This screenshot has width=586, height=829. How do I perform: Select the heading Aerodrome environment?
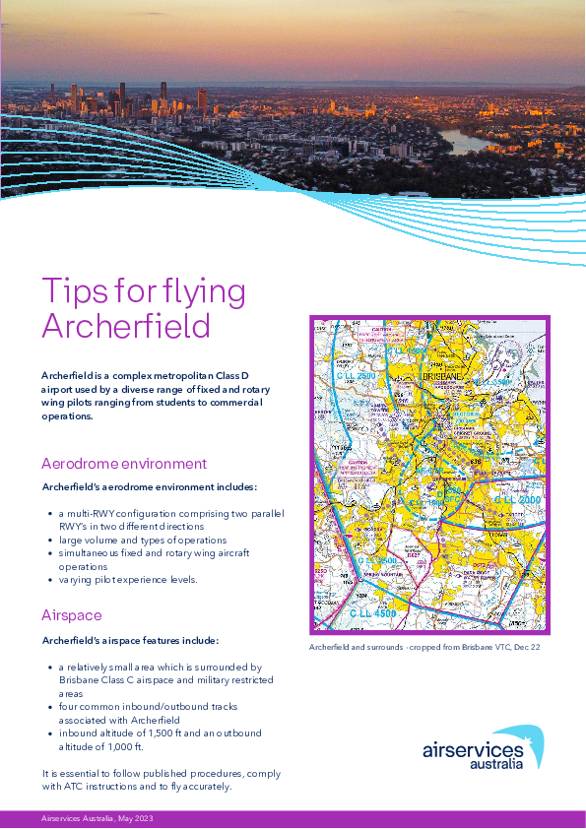tap(124, 463)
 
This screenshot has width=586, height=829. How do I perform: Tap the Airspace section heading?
tap(72, 615)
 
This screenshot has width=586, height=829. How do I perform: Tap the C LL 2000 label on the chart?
tap(518, 500)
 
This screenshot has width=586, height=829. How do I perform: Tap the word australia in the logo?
tap(495, 764)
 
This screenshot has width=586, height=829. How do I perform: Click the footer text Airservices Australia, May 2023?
tap(97, 819)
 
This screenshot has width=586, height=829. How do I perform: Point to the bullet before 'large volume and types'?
tap(50, 541)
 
